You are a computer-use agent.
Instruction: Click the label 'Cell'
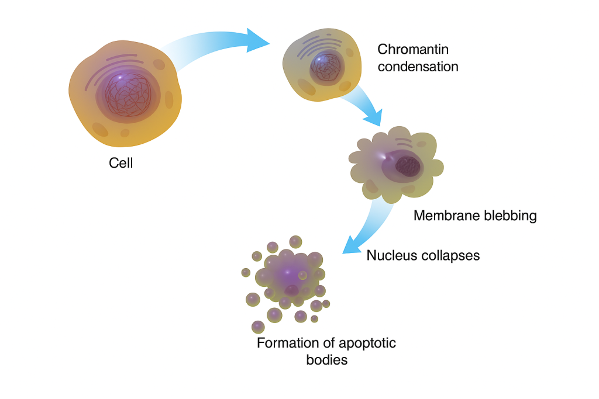pos(121,163)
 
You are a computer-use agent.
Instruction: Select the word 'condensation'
pos(418,67)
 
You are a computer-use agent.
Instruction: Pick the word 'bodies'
pos(327,360)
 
